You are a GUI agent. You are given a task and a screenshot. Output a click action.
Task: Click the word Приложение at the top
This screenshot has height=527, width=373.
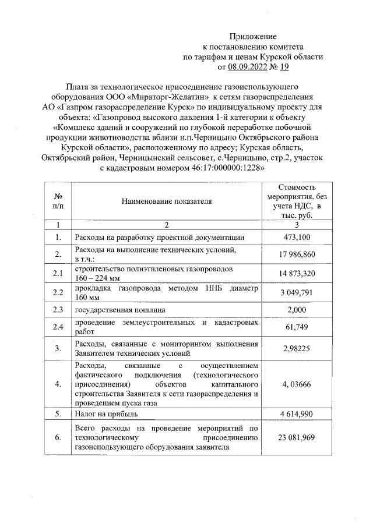[x=252, y=36]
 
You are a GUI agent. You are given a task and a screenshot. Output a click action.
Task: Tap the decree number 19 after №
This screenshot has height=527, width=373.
[x=284, y=68]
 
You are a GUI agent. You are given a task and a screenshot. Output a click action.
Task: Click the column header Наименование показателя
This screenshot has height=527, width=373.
[x=166, y=201]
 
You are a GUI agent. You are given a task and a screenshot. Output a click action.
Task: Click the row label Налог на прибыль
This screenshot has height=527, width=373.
[x=105, y=414]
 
